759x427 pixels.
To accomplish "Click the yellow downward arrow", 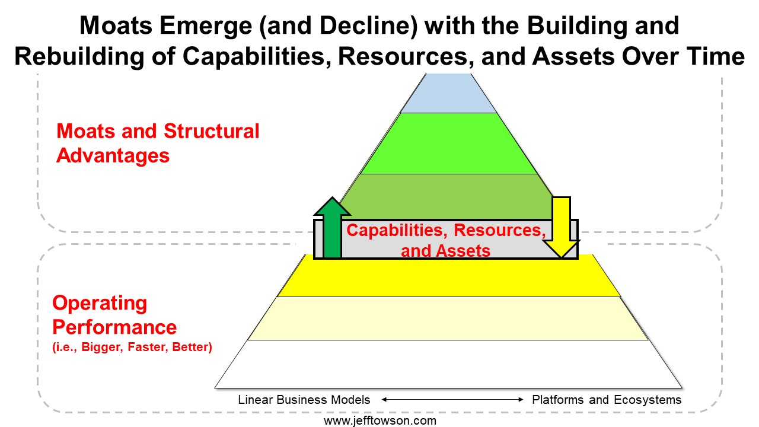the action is pos(562,227).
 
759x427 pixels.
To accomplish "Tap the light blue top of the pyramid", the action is pos(448,93).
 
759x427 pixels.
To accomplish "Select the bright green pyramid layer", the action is pos(448,144).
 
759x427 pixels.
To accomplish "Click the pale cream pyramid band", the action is pos(448,318).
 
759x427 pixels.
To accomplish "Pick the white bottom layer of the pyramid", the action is pos(448,364).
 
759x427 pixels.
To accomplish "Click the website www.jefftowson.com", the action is pos(380,421).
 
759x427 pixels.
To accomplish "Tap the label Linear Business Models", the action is pos(304,400).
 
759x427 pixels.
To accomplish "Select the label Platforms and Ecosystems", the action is pos(607,400).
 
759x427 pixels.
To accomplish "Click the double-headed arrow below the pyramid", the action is pos(452,400).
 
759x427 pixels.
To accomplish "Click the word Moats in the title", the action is pos(116,26).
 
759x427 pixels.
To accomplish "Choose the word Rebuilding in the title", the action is pos(79,56).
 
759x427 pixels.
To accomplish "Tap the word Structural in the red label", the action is pos(212,131).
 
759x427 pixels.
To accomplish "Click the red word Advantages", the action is pos(113,156).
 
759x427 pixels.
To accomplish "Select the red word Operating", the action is pos(100,303).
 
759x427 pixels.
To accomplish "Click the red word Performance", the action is pos(114,327).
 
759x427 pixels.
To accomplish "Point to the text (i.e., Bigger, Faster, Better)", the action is pos(132,347).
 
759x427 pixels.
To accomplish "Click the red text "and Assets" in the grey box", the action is pos(445,251).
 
